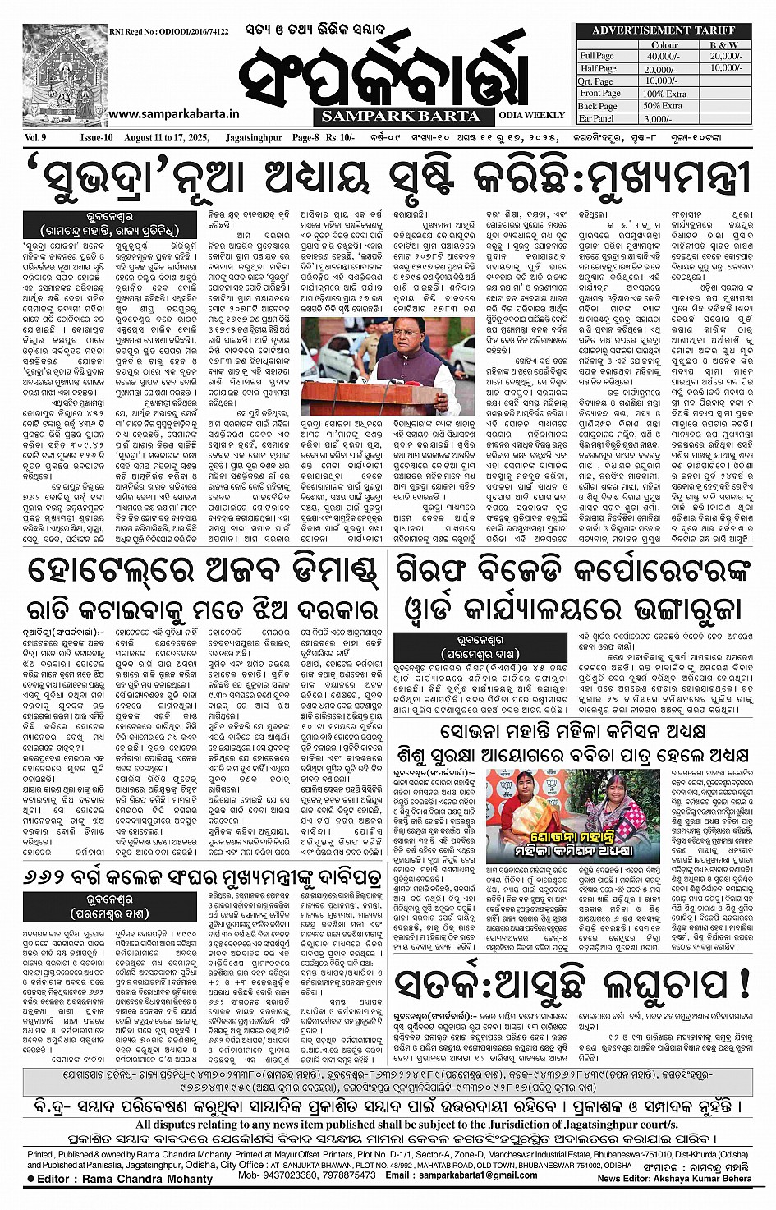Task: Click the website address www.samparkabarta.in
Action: [x=173, y=116]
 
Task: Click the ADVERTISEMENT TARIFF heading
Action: [x=664, y=30]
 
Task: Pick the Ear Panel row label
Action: [x=596, y=118]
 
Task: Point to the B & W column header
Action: [x=723, y=44]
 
